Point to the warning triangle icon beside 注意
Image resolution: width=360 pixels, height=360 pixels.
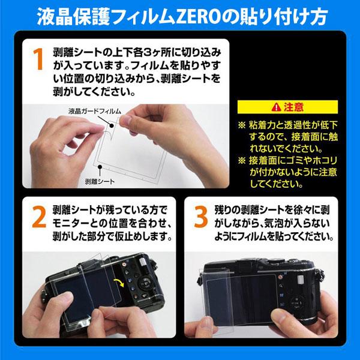click(275, 107)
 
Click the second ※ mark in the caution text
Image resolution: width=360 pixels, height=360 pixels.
click(242, 160)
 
